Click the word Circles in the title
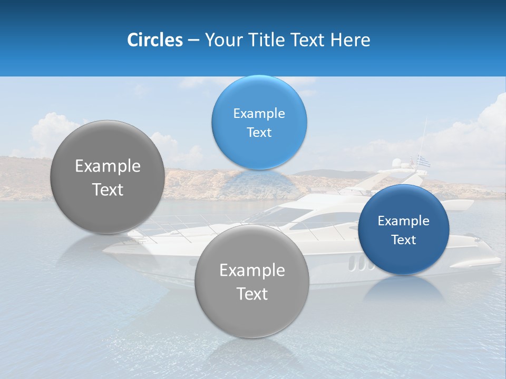154,40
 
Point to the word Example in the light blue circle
259,113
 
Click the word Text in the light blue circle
259,132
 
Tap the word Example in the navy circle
403,221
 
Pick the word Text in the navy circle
403,240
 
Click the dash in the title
193,40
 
